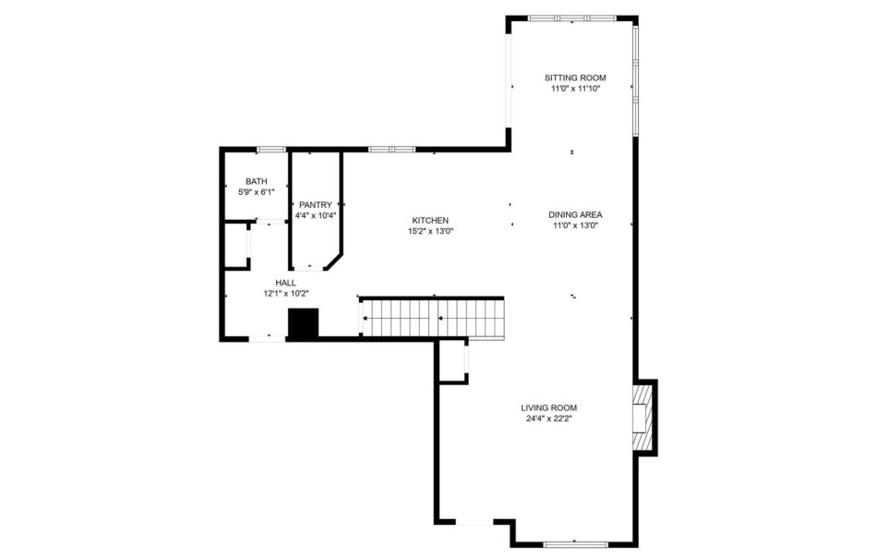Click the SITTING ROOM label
click(x=575, y=78)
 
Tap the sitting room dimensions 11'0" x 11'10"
click(x=575, y=89)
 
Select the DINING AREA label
click(x=575, y=215)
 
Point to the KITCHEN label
click(x=430, y=221)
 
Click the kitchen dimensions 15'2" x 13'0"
click(x=430, y=231)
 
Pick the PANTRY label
click(x=316, y=205)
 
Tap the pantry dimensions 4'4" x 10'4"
click(x=316, y=215)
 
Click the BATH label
click(x=256, y=181)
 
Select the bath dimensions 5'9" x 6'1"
click(x=256, y=192)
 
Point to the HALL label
click(x=286, y=283)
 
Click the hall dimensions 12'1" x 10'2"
click(x=286, y=293)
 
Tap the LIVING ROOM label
click(x=548, y=408)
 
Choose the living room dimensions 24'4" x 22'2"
click(x=548, y=418)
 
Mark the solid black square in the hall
click(x=303, y=323)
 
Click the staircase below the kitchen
click(x=432, y=319)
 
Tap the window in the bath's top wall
click(x=271, y=150)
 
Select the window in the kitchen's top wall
click(x=391, y=150)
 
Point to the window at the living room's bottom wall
click(x=575, y=543)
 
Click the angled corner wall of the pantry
click(x=334, y=262)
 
